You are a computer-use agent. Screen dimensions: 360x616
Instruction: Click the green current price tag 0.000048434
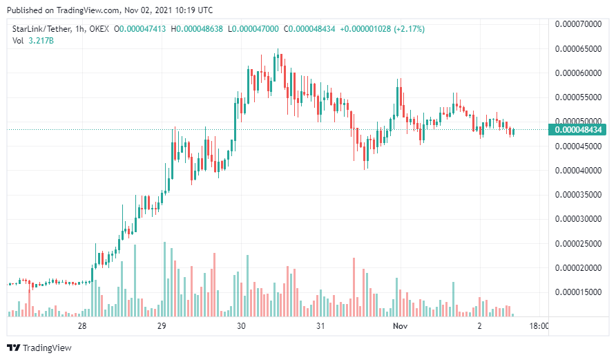(579, 129)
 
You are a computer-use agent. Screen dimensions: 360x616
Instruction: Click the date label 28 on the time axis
(82, 326)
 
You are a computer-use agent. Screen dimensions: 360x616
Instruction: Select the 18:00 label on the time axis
(539, 326)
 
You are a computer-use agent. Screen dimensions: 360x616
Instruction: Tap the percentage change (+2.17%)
(409, 29)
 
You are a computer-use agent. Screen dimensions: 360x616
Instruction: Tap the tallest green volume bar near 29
(164, 279)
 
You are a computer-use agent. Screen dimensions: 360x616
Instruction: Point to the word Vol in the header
(19, 41)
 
